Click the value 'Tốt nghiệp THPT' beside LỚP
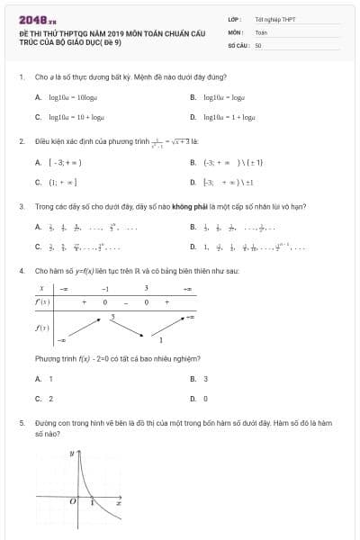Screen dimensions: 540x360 [x=274, y=19]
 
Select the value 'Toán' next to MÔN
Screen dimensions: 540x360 [x=261, y=31]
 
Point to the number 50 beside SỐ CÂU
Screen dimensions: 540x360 [x=258, y=44]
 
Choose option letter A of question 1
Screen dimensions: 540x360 [x=38, y=96]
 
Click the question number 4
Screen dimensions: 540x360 [x=21, y=270]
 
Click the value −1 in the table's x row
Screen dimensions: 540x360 [x=104, y=289]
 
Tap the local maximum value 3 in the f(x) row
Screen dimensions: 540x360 [x=112, y=317]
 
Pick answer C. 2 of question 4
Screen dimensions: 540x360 [x=44, y=398]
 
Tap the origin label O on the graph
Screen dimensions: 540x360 [x=75, y=502]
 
